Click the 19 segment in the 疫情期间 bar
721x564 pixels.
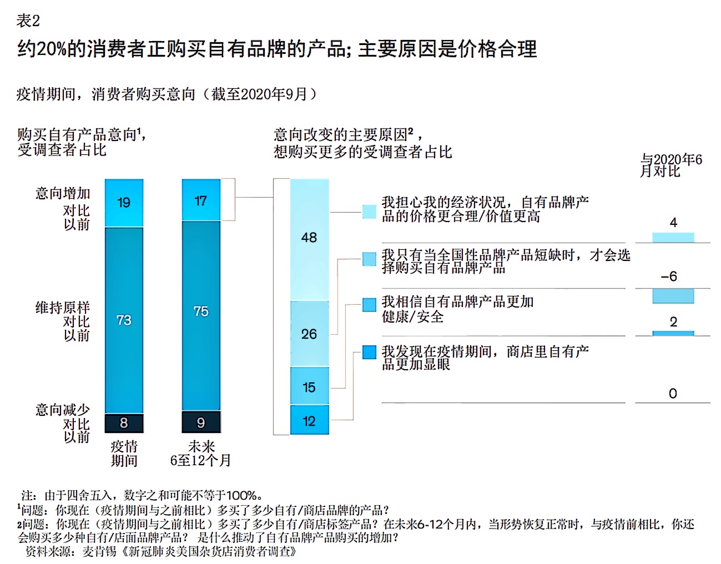124,203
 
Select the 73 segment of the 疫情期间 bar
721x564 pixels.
124,320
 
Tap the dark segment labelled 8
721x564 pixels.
124,423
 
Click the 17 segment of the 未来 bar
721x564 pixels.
201,200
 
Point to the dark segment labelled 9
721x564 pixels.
201,422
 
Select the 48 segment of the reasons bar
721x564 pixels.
309,239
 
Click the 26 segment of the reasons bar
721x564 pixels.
309,334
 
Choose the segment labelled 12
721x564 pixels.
309,420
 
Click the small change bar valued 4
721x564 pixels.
673,238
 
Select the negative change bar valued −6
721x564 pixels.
673,296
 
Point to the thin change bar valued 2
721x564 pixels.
673,333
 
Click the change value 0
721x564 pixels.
673,394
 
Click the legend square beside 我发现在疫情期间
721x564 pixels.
369,352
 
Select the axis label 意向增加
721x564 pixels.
63,193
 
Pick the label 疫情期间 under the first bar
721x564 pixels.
124,454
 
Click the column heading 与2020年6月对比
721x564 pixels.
670,165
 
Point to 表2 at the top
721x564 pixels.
28,21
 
